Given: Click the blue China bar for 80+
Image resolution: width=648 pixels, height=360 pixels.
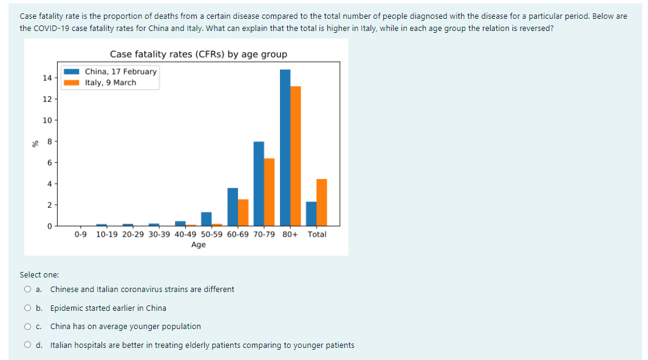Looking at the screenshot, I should click(x=285, y=148).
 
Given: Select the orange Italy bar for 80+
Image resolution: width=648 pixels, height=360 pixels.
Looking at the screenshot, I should click(x=296, y=156).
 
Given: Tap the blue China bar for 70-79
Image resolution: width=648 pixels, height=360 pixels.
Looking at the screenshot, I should click(x=259, y=183).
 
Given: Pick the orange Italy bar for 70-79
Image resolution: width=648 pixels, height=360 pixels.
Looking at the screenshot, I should click(x=269, y=192).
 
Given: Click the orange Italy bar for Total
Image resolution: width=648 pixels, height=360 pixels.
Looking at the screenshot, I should click(x=322, y=202).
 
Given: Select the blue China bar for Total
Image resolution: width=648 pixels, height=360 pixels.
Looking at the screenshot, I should click(x=311, y=213).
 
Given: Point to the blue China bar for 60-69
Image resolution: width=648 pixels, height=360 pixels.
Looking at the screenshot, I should click(x=233, y=206).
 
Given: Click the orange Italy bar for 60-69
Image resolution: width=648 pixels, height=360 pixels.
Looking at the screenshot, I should click(x=243, y=212).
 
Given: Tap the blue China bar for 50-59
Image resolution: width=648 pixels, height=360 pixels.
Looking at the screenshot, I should click(x=206, y=219).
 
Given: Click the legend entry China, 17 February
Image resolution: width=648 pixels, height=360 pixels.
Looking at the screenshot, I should click(x=120, y=72).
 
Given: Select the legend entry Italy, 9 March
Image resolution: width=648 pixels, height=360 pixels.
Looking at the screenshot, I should click(x=111, y=83).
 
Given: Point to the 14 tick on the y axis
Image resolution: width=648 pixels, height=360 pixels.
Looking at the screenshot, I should click(x=47, y=78).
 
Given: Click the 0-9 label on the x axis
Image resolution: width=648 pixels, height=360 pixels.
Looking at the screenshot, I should click(x=80, y=234).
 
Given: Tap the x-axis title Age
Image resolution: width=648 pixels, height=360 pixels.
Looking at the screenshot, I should click(x=198, y=245).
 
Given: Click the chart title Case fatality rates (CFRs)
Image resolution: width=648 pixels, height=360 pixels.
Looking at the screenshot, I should click(x=199, y=55).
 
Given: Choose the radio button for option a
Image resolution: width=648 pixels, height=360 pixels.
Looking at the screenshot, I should click(x=29, y=290).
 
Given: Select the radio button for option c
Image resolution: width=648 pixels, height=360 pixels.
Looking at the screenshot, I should click(x=29, y=327).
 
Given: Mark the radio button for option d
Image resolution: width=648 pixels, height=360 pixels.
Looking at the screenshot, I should click(x=29, y=345).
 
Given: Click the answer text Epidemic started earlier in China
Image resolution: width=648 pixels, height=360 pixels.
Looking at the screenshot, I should click(x=108, y=308).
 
